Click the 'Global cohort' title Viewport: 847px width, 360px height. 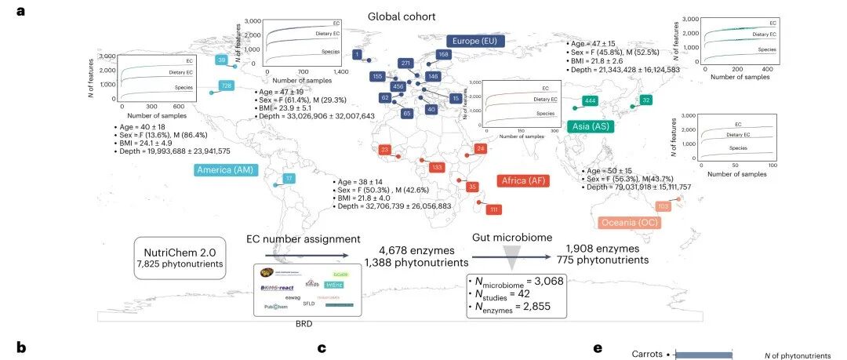tap(402, 16)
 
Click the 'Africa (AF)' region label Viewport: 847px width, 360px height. tap(522, 181)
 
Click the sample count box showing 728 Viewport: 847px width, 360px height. tap(227, 85)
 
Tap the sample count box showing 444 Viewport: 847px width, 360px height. tap(591, 101)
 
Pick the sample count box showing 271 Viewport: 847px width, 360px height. tap(405, 63)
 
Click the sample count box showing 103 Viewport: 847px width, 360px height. tap(663, 206)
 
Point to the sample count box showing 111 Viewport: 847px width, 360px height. tap(494, 210)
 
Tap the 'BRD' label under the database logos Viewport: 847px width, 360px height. tap(306, 322)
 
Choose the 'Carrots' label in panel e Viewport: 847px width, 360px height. tap(648, 354)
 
